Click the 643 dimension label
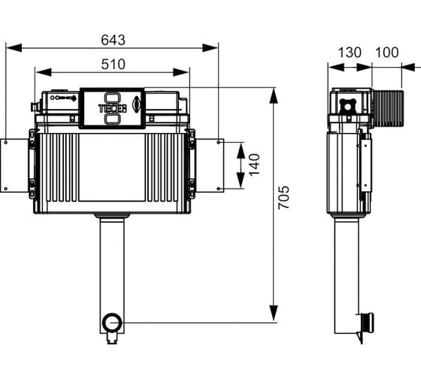113,40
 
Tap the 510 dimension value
113,65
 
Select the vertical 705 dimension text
283,198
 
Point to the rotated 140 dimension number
254,165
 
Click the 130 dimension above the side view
350,53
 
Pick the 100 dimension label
386,53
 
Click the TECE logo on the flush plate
113,108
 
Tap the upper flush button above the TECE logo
112,97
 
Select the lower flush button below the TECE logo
112,119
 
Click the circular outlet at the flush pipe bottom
112,322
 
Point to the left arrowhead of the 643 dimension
14,48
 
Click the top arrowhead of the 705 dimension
274,96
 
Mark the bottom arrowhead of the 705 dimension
274,313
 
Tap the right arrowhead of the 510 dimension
181,72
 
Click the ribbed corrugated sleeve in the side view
389,108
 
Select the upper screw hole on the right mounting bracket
219,142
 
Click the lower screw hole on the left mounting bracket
6,189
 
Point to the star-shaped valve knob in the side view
347,106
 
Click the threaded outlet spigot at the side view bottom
365,321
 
